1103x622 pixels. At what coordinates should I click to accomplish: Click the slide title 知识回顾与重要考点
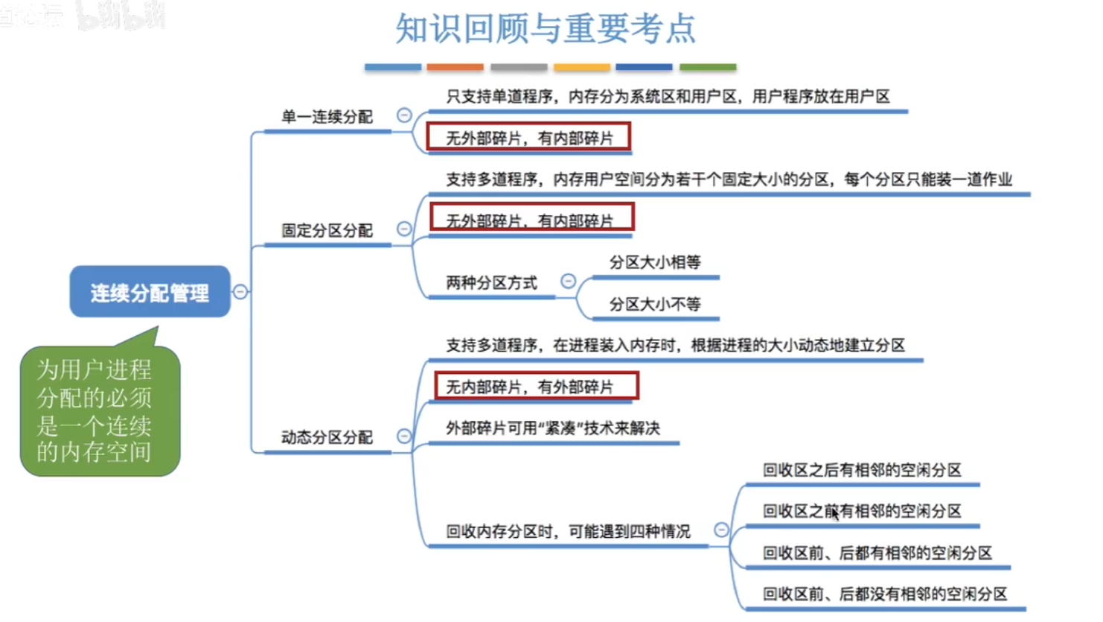click(x=545, y=30)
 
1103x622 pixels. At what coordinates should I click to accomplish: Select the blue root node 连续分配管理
click(x=150, y=292)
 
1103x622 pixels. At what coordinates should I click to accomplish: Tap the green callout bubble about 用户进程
click(x=99, y=410)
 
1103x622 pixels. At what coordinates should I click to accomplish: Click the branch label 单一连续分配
click(x=327, y=117)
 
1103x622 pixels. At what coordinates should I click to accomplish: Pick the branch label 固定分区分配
click(x=327, y=230)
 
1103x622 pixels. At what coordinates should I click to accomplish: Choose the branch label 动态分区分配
click(x=327, y=437)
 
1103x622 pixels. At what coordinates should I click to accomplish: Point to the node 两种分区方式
click(x=491, y=283)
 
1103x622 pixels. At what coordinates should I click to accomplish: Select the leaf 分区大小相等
click(x=655, y=262)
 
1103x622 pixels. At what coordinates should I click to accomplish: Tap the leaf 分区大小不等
click(x=655, y=304)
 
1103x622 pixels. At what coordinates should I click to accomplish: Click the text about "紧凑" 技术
click(x=553, y=428)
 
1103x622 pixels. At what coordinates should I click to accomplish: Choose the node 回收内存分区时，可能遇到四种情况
click(x=568, y=531)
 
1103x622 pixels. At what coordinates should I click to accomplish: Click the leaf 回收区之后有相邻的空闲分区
click(x=862, y=470)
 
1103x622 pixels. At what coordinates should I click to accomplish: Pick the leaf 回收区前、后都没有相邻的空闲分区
click(x=884, y=594)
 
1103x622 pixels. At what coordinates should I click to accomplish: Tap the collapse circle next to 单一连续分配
click(x=404, y=115)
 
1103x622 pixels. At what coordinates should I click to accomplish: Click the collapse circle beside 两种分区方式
click(x=569, y=281)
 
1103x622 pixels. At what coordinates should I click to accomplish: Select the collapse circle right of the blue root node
click(x=240, y=291)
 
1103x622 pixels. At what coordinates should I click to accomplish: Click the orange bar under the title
click(x=455, y=67)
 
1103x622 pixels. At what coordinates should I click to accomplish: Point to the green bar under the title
click(x=708, y=67)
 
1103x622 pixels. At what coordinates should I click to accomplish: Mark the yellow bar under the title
click(x=582, y=67)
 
